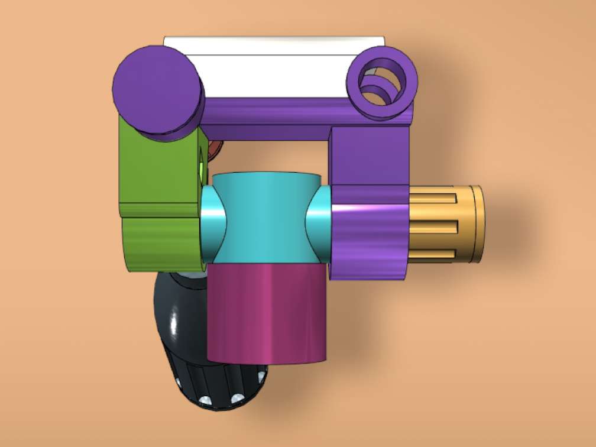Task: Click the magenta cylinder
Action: [267, 313]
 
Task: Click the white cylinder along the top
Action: [272, 71]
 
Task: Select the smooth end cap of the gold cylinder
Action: [477, 223]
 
